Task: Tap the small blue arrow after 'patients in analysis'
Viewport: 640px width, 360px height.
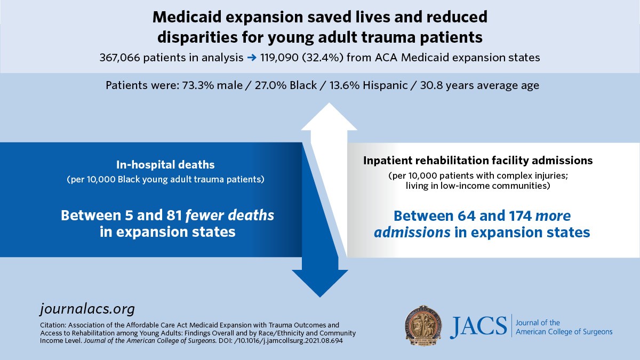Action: [252, 58]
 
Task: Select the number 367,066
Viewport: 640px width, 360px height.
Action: [119, 58]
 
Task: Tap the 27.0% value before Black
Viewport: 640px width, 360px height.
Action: [270, 85]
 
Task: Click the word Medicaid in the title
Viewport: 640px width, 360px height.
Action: [187, 17]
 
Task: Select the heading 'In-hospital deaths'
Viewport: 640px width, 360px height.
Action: [165, 165]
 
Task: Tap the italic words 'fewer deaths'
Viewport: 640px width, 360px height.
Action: [230, 215]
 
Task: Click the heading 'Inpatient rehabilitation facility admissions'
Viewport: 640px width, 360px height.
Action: [478, 161]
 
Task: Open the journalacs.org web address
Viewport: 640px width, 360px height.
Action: [87, 309]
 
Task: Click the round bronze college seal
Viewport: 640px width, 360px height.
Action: [423, 326]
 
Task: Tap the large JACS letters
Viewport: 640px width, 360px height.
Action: [478, 326]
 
